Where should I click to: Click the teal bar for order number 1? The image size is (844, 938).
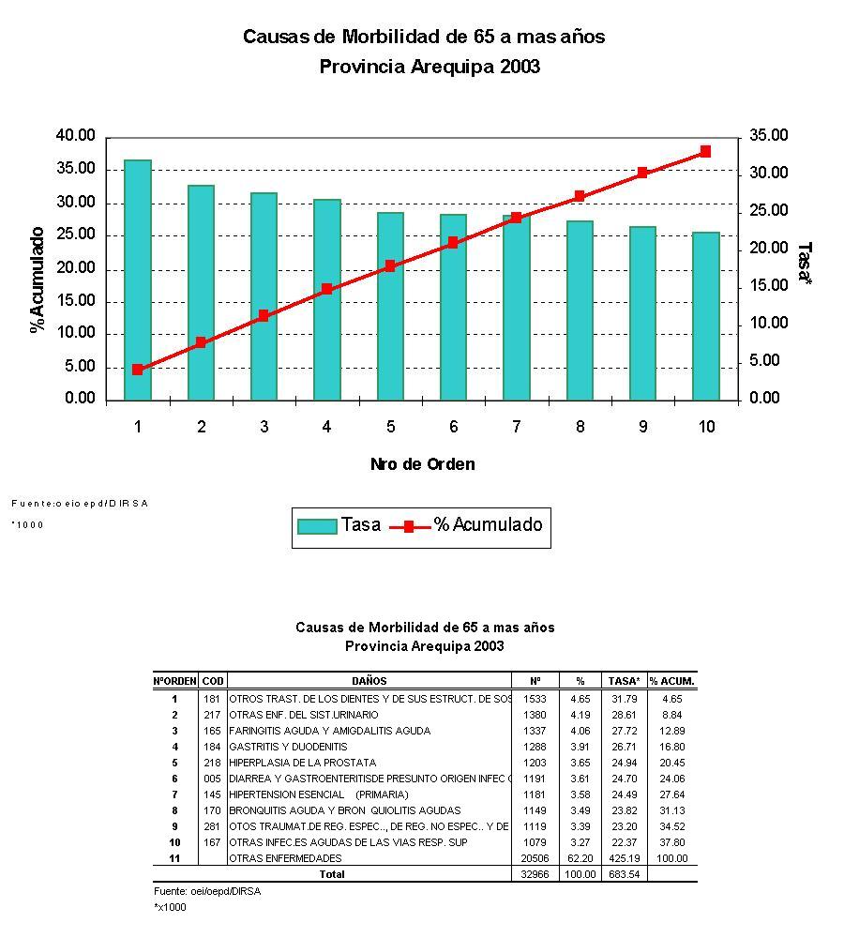138,280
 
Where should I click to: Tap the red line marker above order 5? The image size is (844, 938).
390,265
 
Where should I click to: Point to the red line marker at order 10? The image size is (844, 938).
705,151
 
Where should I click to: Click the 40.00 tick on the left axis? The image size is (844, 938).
76,136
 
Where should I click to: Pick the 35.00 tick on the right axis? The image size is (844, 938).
769,136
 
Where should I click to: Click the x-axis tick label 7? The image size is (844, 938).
516,427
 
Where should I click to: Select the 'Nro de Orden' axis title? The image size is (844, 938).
422,464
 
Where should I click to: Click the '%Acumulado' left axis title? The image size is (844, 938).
38,280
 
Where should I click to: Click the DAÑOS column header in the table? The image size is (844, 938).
369,681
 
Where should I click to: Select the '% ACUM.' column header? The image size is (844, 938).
672,681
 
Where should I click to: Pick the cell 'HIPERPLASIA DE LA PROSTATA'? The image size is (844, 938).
302,763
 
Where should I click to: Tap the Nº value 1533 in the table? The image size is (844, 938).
535,699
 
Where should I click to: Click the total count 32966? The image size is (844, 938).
534,874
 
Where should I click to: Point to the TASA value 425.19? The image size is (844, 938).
624,858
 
